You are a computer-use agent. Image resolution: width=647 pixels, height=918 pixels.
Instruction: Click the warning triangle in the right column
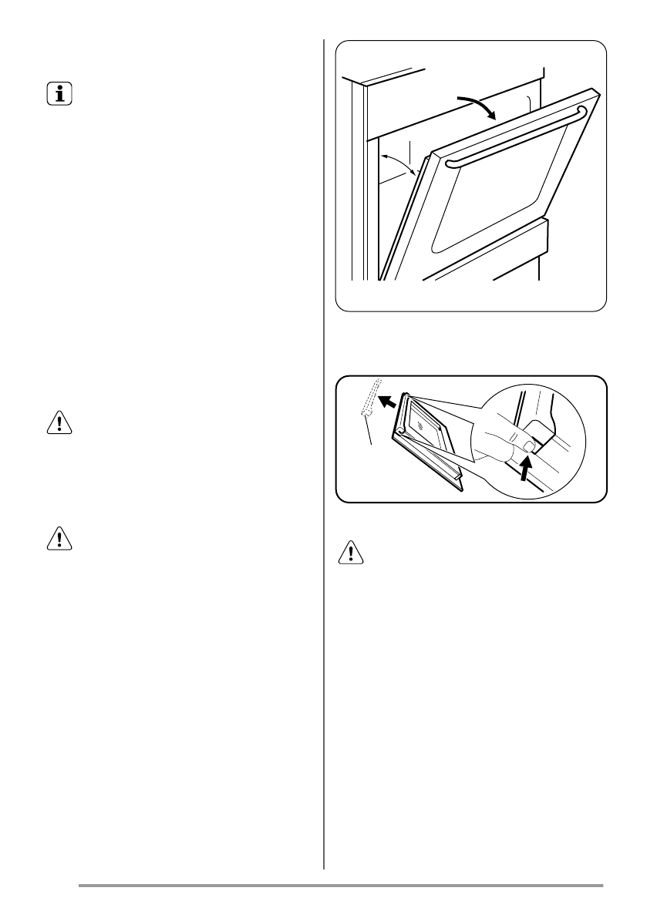(x=352, y=556)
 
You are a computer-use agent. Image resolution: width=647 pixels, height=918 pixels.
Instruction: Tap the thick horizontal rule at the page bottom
(x=340, y=886)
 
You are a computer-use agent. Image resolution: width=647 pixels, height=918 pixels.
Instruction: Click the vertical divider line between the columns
(x=324, y=462)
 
